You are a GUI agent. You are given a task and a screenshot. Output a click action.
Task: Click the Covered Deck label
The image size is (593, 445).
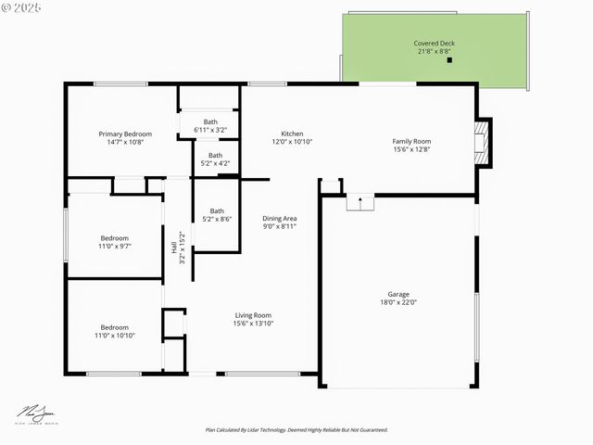coord(434,44)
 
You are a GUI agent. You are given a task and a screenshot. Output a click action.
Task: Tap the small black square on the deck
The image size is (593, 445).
coord(449,60)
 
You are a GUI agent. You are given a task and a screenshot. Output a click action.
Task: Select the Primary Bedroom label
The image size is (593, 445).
coord(125,134)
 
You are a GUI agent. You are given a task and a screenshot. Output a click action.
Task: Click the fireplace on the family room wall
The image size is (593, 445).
coord(481,142)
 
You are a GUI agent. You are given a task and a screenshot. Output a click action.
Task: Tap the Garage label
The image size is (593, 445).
coord(398,293)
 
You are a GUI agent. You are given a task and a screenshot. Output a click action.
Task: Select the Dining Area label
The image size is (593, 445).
coord(279,218)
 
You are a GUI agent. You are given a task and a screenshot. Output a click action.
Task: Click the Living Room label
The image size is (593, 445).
coord(252,315)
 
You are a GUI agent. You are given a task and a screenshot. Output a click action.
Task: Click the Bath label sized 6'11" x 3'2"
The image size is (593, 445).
coord(210,121)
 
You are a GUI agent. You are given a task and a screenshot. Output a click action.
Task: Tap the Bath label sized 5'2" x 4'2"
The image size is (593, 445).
coord(215,155)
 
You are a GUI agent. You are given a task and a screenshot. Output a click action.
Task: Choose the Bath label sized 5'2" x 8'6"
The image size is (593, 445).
coord(216,210)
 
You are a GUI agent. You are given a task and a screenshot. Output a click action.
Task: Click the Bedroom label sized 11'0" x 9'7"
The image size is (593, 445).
coord(115,238)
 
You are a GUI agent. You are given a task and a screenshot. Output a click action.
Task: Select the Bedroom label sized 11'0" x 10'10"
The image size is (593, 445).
coord(114,326)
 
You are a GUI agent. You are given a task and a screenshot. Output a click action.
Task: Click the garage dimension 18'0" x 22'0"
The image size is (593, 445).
coord(398,302)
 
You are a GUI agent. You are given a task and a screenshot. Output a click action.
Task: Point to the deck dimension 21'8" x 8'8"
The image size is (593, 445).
coord(434,52)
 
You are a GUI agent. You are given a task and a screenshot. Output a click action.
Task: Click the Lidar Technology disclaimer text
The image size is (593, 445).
coord(296,430)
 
